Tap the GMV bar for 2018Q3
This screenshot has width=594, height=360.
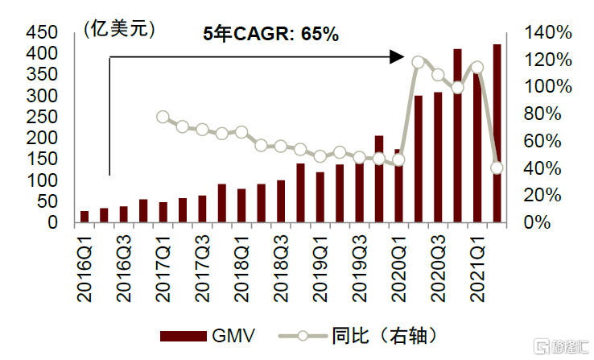pyautogui.click(x=281, y=201)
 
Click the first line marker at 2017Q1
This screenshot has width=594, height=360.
pyautogui.click(x=163, y=117)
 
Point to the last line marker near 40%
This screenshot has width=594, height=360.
pyautogui.click(x=497, y=168)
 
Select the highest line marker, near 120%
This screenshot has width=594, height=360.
pyautogui.click(x=418, y=62)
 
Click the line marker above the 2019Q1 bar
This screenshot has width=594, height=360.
pyautogui.click(x=320, y=156)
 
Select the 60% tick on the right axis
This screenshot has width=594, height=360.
pyautogui.click(x=551, y=141)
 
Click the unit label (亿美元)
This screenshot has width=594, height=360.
pyautogui.click(x=118, y=30)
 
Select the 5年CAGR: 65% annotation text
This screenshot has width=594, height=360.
pyautogui.click(x=270, y=34)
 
